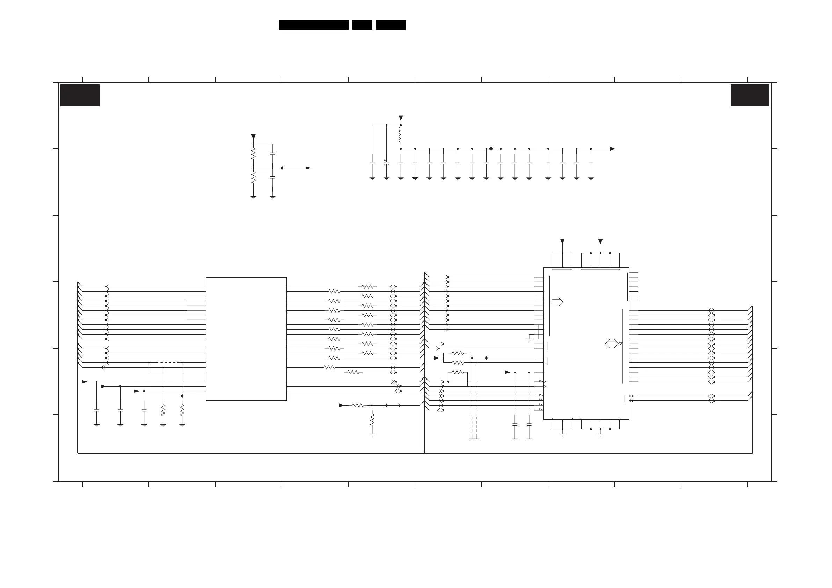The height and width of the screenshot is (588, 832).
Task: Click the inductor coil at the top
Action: pyautogui.click(x=400, y=134)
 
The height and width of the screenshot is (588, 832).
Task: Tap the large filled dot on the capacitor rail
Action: pyautogui.click(x=491, y=149)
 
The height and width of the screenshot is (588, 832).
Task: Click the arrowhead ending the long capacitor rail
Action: pyautogui.click(x=612, y=149)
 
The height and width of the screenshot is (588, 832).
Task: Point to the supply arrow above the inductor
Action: pyautogui.click(x=400, y=118)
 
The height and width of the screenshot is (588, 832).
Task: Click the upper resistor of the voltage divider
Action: pyautogui.click(x=253, y=154)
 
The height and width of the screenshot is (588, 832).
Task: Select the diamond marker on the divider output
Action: pyautogui.click(x=282, y=168)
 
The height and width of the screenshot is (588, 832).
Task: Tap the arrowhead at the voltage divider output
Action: pyautogui.click(x=308, y=168)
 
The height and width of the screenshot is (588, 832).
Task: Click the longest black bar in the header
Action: pyautogui.click(x=313, y=25)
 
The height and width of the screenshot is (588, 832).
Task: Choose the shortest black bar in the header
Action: pyautogui.click(x=362, y=25)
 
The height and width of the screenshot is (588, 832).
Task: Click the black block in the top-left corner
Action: pyautogui.click(x=80, y=95)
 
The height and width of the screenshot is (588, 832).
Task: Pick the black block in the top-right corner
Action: pyautogui.click(x=750, y=95)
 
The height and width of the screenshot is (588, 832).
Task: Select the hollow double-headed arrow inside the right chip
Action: pyautogui.click(x=612, y=344)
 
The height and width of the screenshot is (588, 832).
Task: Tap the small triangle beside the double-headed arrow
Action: pyautogui.click(x=621, y=344)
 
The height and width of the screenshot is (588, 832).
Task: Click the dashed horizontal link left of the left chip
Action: pyautogui.click(x=165, y=362)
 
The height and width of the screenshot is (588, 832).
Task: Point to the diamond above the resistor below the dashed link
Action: pyautogui.click(x=182, y=396)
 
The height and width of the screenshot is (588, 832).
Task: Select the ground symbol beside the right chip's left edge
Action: pyautogui.click(x=529, y=339)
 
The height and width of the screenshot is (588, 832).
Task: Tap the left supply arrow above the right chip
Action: pyautogui.click(x=562, y=241)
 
